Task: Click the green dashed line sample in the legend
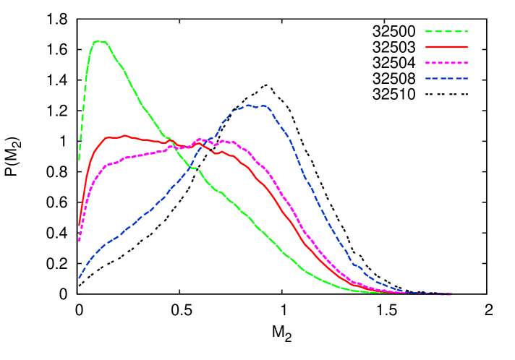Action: pyautogui.click(x=446, y=32)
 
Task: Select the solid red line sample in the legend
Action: pyautogui.click(x=446, y=47)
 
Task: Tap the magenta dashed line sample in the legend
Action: pyautogui.click(x=446, y=63)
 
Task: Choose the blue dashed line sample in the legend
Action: pyautogui.click(x=446, y=78)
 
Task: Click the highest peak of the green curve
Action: pyautogui.click(x=99, y=41)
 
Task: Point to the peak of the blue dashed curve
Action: pyautogui.click(x=250, y=105)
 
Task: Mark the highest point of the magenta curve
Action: pyautogui.click(x=200, y=139)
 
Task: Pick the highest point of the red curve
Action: pyautogui.click(x=124, y=135)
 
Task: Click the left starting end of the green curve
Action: pyautogui.click(x=80, y=159)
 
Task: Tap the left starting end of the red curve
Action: pyautogui.click(x=79, y=225)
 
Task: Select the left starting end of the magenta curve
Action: pyautogui.click(x=79, y=241)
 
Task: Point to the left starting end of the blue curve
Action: pyautogui.click(x=79, y=278)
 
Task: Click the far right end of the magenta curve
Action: pyautogui.click(x=451, y=294)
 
